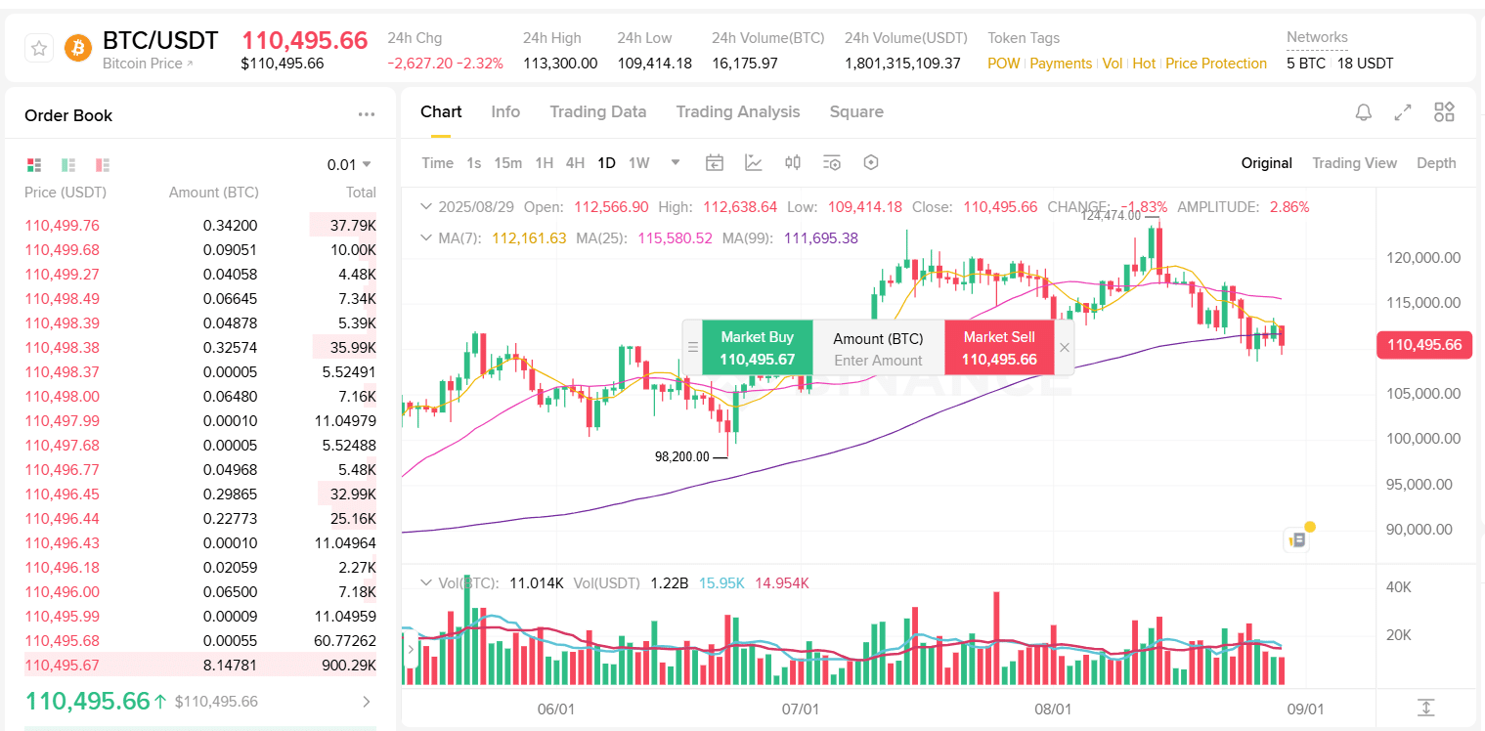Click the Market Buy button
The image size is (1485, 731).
tap(757, 348)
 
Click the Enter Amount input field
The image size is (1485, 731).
tap(878, 361)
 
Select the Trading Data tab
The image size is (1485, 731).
tap(597, 111)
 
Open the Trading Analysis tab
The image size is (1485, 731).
tap(737, 111)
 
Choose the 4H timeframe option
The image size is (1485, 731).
tap(575, 163)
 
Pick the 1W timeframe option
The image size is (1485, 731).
tap(638, 163)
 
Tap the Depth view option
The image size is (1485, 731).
tap(1435, 163)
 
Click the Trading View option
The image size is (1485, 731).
tap(1354, 163)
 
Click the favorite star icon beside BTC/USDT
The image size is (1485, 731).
tap(39, 48)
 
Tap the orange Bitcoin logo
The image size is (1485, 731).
tap(78, 48)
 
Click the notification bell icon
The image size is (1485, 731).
tap(1363, 112)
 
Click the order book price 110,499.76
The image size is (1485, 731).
tap(63, 226)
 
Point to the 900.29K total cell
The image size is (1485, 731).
tap(349, 666)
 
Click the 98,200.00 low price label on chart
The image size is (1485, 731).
tap(681, 456)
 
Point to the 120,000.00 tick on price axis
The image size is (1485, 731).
tap(1423, 258)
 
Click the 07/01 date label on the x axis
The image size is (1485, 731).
tap(801, 709)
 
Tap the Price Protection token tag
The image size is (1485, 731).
tap(1215, 64)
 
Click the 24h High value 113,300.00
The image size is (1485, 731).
tap(560, 64)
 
